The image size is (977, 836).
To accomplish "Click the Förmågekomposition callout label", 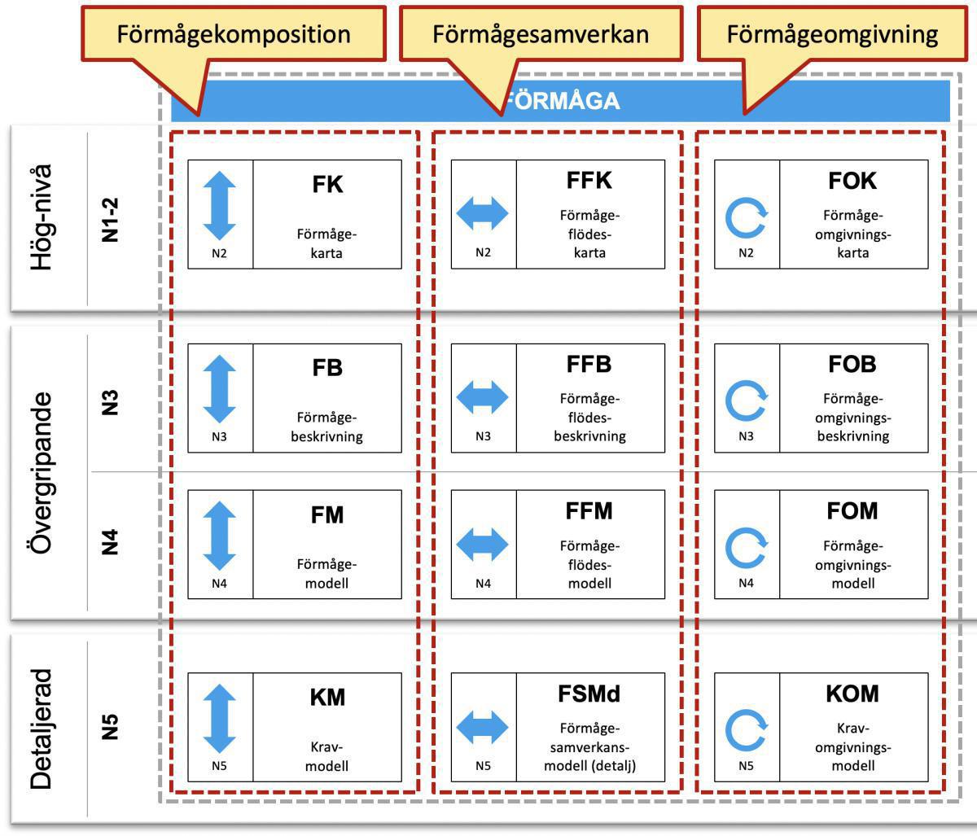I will coord(234,34).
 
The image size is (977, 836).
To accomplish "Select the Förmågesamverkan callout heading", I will coord(541,34).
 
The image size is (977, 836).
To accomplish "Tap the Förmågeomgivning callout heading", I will coord(832,34).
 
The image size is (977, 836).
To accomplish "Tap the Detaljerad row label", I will coord(42,729).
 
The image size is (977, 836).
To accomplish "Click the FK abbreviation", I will coord(327,184).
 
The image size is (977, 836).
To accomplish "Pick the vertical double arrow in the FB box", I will coord(220,390).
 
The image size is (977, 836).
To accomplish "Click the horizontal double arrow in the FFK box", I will coord(483,214).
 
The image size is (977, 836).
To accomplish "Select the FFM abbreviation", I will coord(589,511).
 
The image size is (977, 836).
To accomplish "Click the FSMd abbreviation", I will coord(589,694).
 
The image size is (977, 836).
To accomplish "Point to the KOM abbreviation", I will coord(852,694).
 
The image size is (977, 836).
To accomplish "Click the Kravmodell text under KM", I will coord(327,756).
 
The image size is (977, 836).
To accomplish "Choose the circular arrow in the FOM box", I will coord(747,549).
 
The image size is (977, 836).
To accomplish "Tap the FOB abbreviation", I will coord(852,364).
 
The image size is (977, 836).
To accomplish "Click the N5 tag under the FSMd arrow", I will coord(483,765).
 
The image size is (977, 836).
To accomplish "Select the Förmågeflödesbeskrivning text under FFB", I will coord(589,417).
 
